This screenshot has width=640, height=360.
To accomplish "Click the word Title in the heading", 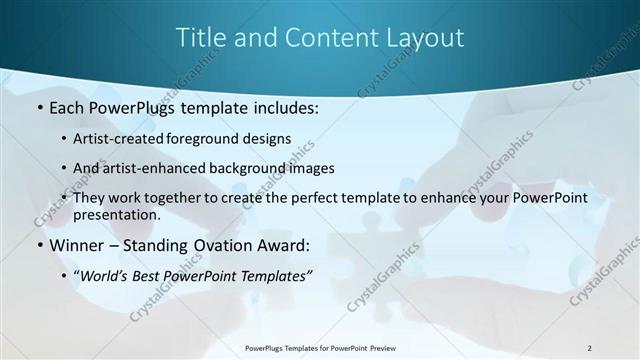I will coord(199,38).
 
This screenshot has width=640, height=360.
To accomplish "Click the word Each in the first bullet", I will coord(69,106).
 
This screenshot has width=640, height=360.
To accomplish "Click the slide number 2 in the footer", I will coord(589,348).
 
